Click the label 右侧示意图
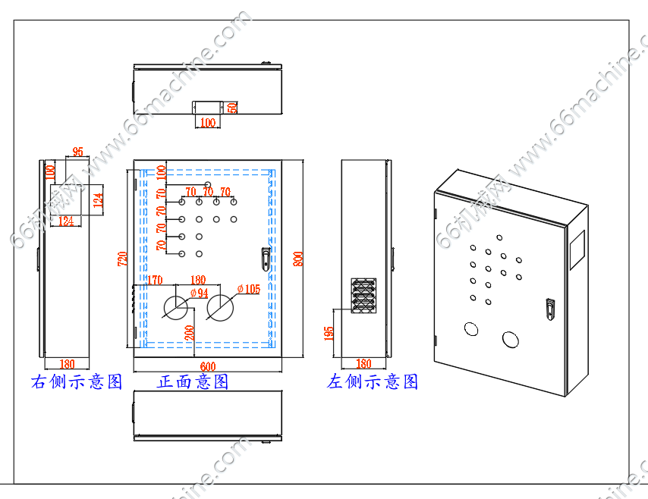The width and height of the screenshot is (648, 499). [77, 381]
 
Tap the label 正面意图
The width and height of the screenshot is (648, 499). [193, 381]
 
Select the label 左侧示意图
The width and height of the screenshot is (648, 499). [373, 381]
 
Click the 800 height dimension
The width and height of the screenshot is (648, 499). [298, 259]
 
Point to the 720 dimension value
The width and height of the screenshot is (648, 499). [122, 259]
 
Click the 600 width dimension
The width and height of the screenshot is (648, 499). [207, 366]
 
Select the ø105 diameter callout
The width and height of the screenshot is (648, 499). [248, 289]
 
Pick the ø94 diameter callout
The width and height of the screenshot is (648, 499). [199, 293]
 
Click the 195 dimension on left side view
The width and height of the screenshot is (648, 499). [329, 334]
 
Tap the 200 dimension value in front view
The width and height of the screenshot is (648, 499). [188, 332]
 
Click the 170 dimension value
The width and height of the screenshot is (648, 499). [155, 281]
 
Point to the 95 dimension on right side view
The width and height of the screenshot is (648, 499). [77, 152]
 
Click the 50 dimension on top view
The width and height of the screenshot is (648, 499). [233, 108]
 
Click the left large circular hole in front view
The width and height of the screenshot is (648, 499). [177, 307]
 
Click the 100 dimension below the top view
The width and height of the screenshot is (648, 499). [207, 122]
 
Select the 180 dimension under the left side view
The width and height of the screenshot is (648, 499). [363, 365]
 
